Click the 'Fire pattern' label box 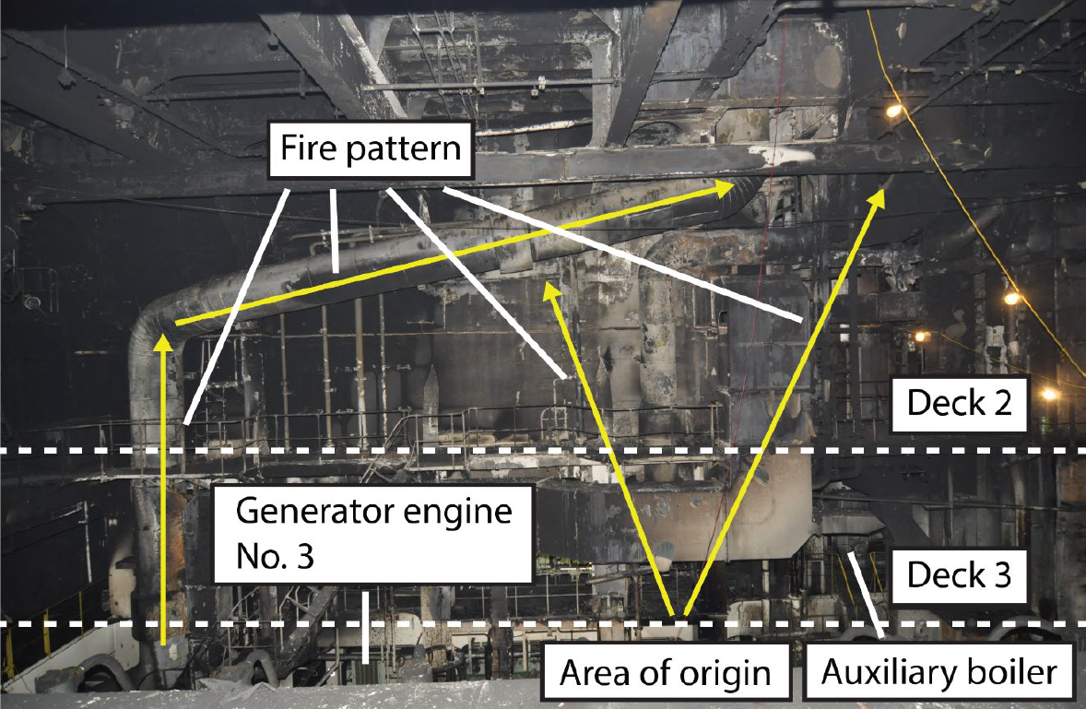tap(371, 149)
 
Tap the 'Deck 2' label tap(960, 404)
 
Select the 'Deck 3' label tap(960, 575)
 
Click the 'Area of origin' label tap(665, 672)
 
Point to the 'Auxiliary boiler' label tap(939, 672)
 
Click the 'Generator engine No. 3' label tap(373, 534)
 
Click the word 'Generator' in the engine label tap(317, 512)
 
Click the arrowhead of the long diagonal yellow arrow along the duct tap(726, 187)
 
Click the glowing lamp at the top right tap(894, 110)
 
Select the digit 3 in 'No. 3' tap(302, 556)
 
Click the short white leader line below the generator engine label tap(364, 627)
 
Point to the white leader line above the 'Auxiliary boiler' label tap(863, 594)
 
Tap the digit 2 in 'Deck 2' tap(1001, 404)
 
